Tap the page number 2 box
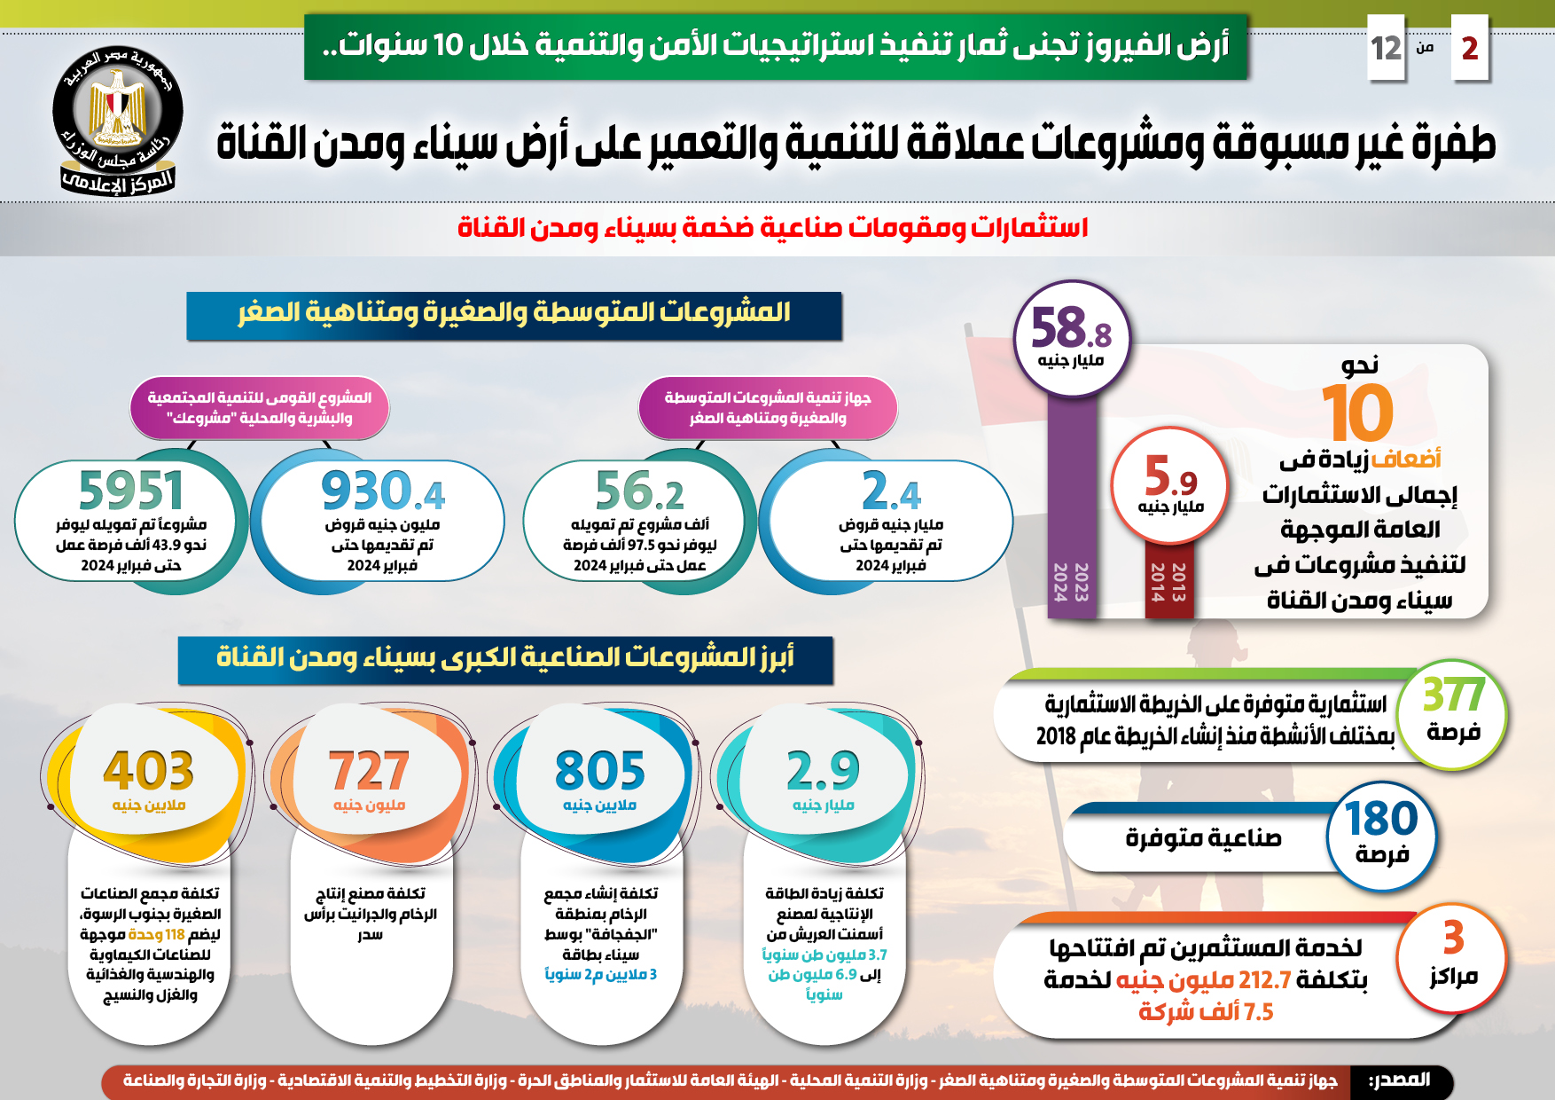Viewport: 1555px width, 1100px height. point(1469,48)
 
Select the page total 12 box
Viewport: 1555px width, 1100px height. point(1386,48)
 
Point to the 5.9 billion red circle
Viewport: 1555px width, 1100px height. point(1170,484)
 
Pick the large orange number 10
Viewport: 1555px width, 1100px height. point(1357,413)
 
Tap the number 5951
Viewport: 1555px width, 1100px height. point(131,491)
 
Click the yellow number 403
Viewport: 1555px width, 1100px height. point(148,770)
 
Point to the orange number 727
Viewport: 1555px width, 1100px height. point(369,770)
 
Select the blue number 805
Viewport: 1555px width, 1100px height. point(599,770)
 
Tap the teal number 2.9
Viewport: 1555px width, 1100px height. point(823,770)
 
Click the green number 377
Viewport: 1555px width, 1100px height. point(1453,695)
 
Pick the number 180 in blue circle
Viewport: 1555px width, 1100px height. point(1381,819)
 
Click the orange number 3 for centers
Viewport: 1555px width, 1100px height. point(1453,938)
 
